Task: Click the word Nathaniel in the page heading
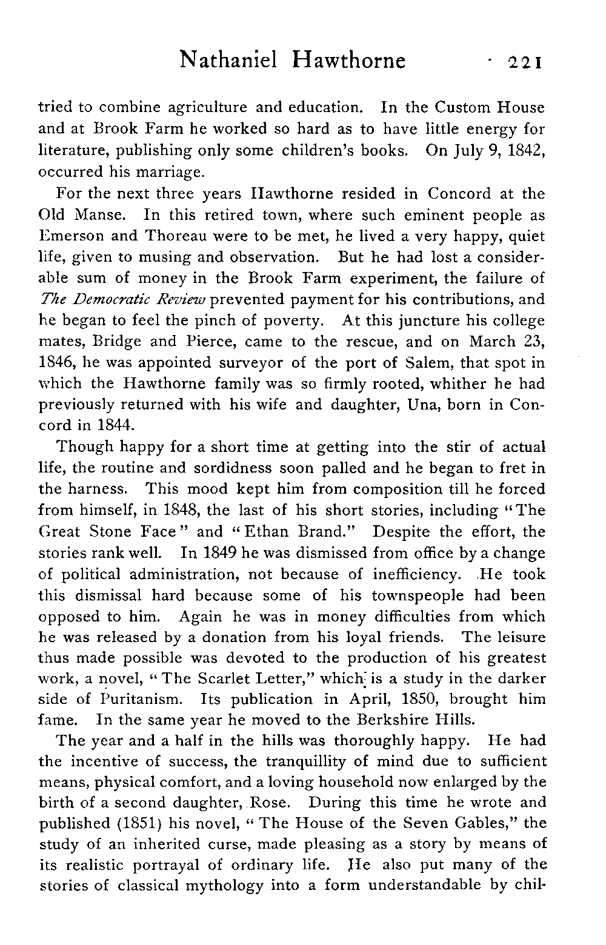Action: [x=228, y=61]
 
